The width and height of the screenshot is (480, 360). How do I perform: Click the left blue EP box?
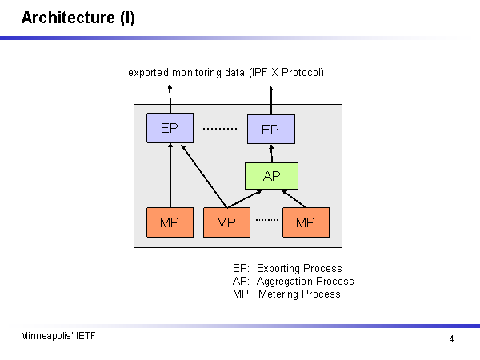[x=170, y=128]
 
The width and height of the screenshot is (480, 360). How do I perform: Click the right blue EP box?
[x=270, y=129]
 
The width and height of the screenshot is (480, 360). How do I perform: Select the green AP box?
[x=271, y=176]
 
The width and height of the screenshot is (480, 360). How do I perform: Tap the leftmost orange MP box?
[x=170, y=222]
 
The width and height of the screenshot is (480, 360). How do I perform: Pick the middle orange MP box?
[x=226, y=222]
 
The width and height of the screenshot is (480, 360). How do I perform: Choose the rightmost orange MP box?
[x=306, y=222]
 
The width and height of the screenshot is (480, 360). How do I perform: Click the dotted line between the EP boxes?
[x=220, y=129]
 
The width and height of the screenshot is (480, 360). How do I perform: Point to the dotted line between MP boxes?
[x=266, y=219]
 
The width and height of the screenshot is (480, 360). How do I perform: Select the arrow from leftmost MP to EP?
[x=170, y=176]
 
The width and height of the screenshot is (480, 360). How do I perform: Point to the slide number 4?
[x=451, y=339]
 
